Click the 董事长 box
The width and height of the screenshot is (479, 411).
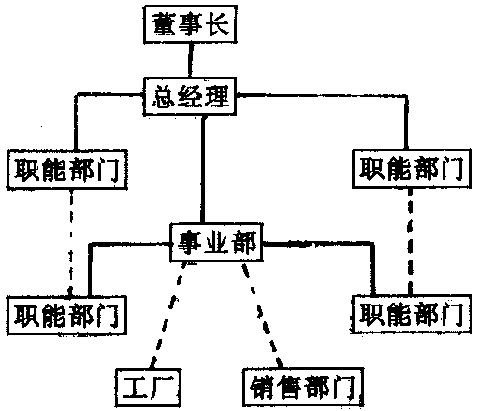click(190, 24)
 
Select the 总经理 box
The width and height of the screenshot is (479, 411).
click(190, 96)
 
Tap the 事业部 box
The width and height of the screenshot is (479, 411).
click(216, 242)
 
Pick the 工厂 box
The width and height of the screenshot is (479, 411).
click(149, 388)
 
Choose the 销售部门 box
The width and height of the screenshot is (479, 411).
click(303, 387)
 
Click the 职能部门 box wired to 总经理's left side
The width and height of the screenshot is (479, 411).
click(67, 169)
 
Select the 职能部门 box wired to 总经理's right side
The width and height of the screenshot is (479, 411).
click(412, 168)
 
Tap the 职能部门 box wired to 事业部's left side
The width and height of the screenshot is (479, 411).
click(67, 315)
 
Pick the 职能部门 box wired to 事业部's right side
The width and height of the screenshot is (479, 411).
click(411, 314)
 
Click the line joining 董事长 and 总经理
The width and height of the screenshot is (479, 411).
click(190, 60)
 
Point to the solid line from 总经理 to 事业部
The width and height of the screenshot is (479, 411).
click(203, 169)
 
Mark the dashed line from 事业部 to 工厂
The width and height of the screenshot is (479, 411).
click(168, 315)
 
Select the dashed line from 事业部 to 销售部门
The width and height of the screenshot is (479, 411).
click(262, 315)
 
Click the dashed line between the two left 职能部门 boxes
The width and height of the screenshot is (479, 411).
click(71, 242)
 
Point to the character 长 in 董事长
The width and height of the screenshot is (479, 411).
click(219, 24)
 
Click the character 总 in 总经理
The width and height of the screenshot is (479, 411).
click(164, 96)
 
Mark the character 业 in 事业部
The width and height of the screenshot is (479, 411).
click(216, 242)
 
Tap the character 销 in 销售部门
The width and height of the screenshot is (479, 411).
click(262, 387)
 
